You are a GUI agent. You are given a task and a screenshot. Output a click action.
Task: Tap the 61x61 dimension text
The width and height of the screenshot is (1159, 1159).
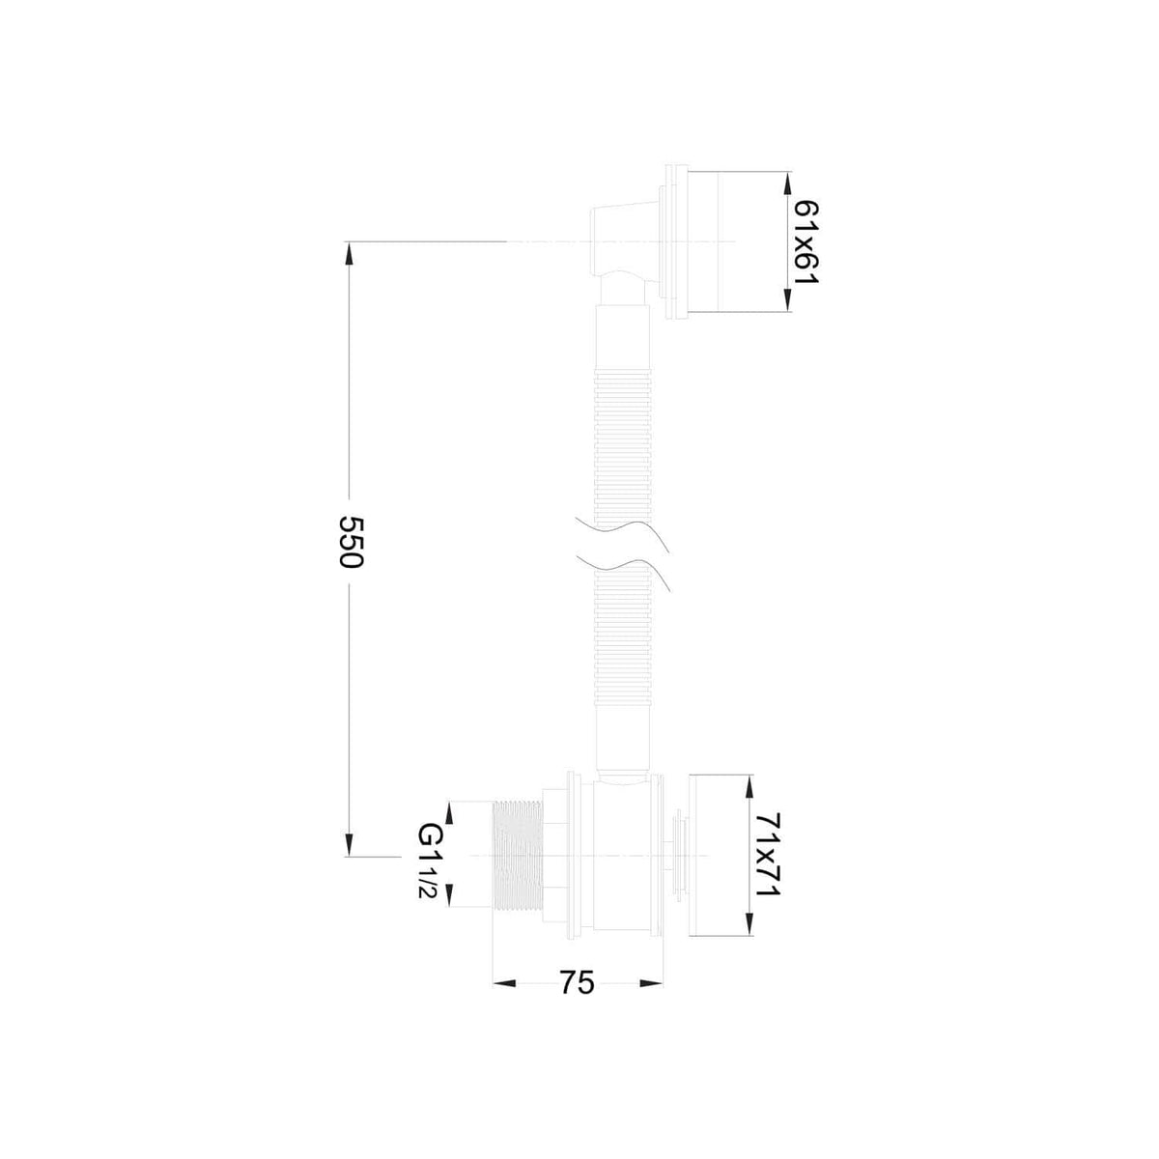click(806, 242)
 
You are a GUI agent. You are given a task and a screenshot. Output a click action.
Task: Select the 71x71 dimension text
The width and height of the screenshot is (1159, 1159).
click(768, 863)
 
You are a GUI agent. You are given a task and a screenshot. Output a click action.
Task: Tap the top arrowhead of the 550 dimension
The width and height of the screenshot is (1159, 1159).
click(349, 253)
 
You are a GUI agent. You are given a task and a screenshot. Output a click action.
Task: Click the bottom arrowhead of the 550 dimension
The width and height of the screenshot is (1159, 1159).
click(349, 843)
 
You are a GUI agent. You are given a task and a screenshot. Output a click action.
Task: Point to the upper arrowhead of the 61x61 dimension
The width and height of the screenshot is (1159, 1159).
click(787, 184)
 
